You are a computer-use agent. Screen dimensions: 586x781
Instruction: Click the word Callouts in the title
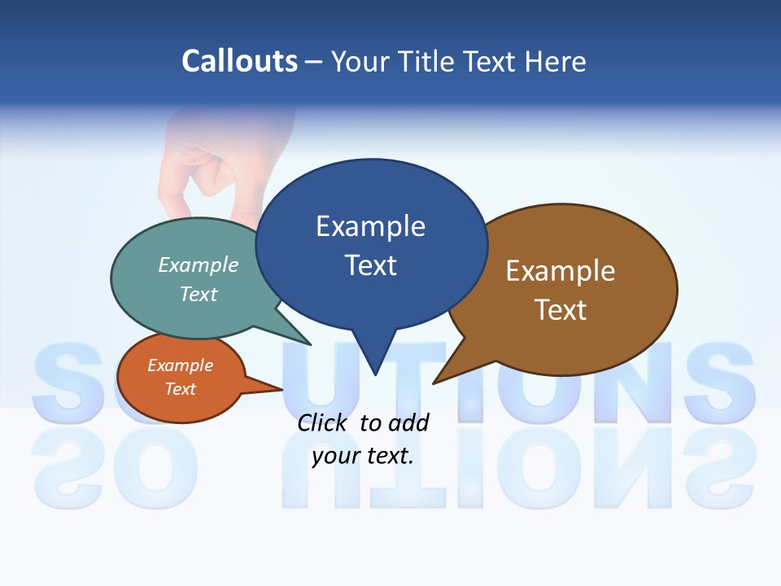click(239, 61)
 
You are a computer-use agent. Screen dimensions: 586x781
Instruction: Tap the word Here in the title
click(556, 61)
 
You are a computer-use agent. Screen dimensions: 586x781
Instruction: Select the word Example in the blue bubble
click(370, 226)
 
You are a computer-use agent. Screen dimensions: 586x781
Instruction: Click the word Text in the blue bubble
click(370, 265)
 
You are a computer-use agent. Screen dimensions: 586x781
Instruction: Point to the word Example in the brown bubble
click(561, 271)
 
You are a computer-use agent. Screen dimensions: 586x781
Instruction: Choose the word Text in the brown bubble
click(561, 310)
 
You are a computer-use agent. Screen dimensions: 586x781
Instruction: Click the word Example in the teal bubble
click(199, 265)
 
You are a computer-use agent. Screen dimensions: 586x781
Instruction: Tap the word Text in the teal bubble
click(199, 295)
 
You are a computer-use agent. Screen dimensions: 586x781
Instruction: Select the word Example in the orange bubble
click(180, 365)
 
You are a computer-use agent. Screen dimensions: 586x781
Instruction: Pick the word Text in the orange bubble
click(180, 389)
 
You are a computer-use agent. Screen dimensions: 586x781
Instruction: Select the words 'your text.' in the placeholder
click(363, 456)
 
